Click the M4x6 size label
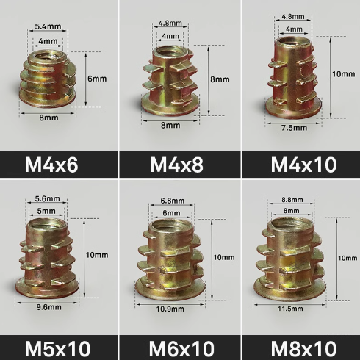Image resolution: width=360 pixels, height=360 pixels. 51,165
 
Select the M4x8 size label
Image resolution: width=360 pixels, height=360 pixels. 176,165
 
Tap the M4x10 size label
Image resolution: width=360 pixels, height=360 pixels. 303,165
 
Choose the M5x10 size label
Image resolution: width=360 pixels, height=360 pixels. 58,348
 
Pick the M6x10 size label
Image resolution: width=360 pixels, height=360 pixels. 181,348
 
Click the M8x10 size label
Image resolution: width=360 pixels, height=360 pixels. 303,348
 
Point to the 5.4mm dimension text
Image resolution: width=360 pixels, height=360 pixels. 48,26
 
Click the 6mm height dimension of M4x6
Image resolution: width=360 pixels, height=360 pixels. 97,79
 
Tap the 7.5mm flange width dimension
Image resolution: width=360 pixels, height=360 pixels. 294,128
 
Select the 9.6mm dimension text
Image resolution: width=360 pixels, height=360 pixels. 49,307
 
